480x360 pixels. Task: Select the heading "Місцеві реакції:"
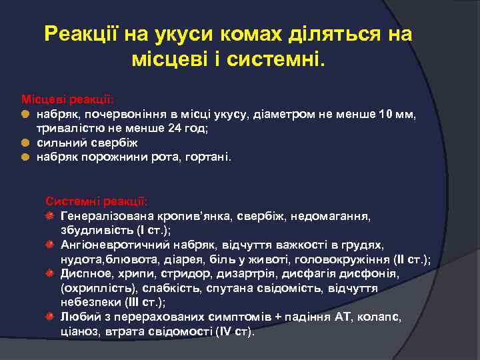coord(66,99)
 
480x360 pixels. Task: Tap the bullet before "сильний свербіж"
coord(25,143)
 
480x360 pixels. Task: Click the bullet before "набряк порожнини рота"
coord(25,157)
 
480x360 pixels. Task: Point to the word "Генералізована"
coord(107,216)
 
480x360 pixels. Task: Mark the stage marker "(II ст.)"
coord(410,259)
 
